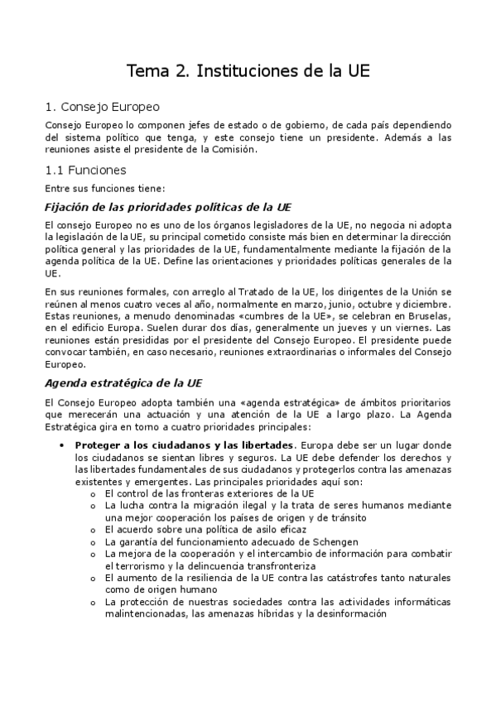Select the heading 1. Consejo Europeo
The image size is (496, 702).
(103, 107)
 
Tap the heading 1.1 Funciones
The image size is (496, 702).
(86, 171)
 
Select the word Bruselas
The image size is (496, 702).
(427, 315)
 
